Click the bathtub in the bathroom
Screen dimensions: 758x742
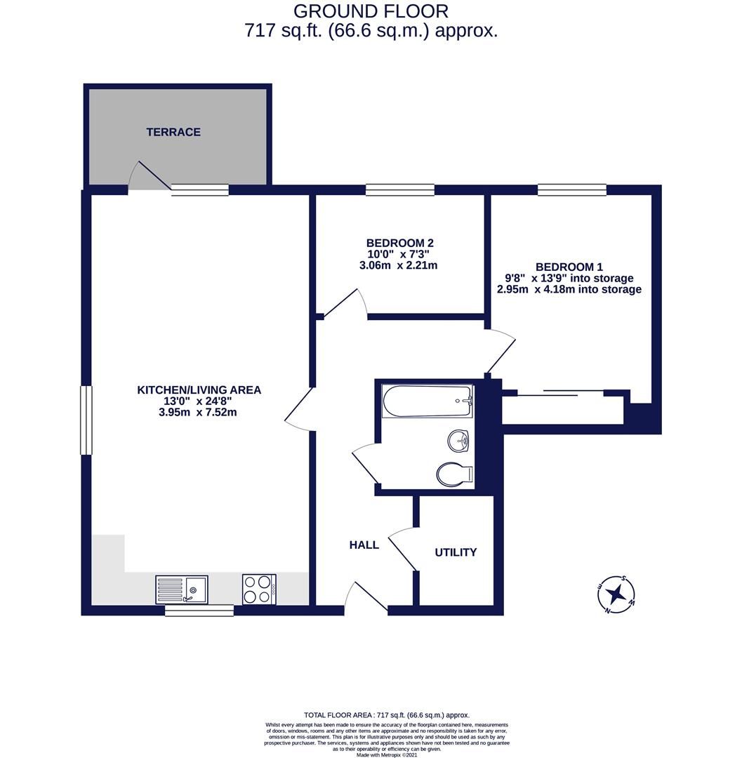coord(427,401)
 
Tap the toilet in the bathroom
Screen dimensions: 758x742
coord(453,474)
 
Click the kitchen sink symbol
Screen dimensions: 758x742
coord(181,589)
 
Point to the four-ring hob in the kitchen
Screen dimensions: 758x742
coord(259,589)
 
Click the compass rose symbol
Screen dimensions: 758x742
coord(616,594)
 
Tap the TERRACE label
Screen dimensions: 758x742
coord(173,132)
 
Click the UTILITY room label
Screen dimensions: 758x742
coord(456,552)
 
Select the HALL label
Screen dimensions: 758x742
coord(364,545)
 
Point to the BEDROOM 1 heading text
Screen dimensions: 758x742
coord(569,267)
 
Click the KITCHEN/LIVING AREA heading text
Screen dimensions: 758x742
coord(199,390)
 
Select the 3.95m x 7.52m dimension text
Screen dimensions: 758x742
coord(198,412)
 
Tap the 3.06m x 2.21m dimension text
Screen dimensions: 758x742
coord(398,265)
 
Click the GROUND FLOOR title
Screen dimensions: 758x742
coord(371,11)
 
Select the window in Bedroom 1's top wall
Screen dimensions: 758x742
coord(572,189)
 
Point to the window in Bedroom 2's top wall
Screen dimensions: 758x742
coord(400,189)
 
